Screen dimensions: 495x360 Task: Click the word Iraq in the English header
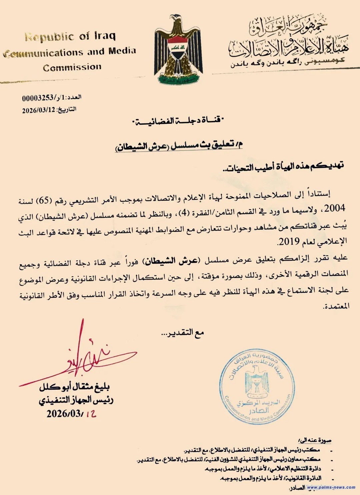coord(105,35)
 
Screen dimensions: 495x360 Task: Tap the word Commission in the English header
coord(72,67)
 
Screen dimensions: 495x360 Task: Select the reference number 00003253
coord(38,98)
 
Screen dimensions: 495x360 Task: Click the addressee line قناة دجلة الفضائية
coord(178,120)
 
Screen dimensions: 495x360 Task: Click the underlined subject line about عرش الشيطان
coord(179,145)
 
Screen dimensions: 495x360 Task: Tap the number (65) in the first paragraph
coord(44,200)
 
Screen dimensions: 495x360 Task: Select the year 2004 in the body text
coord(335,208)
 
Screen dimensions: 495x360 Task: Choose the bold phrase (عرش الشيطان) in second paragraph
coord(171,261)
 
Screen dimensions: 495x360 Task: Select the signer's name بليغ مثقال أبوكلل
coord(74,387)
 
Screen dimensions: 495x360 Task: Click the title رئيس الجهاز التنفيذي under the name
coord(76,400)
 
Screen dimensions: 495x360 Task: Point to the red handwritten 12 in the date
coord(91,414)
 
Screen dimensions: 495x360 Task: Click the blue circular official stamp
coord(257,387)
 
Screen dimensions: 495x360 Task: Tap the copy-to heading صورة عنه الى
coord(315,441)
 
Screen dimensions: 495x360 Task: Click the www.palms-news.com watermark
coord(331,487)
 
